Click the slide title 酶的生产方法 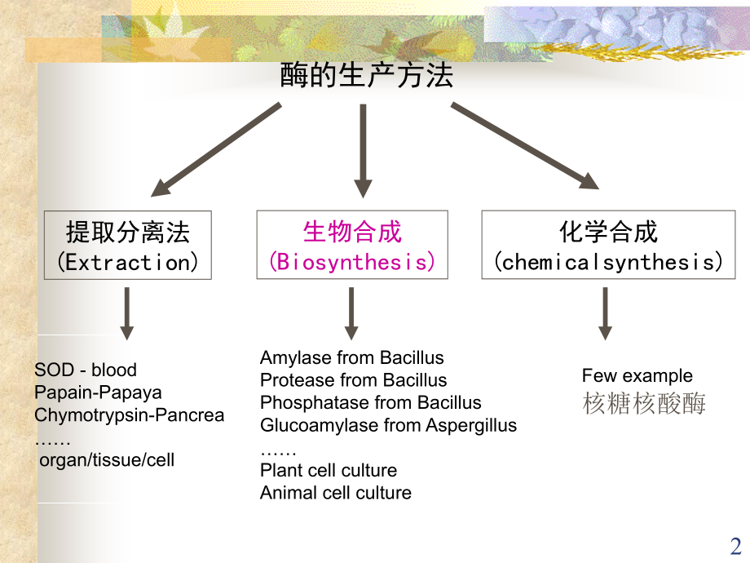click(x=367, y=77)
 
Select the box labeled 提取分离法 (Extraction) click(x=128, y=246)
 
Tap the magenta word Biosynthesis click(x=352, y=262)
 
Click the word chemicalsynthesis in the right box click(x=610, y=262)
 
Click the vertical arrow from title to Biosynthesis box click(x=363, y=150)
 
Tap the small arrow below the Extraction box click(x=126, y=313)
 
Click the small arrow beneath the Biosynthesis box click(x=351, y=313)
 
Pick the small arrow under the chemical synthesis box click(x=605, y=313)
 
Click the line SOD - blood click(x=86, y=370)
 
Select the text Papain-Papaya click(x=98, y=392)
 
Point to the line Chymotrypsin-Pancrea click(x=129, y=414)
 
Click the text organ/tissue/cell click(x=107, y=460)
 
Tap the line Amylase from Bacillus click(x=351, y=357)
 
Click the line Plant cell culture click(x=329, y=470)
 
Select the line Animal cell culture click(x=335, y=493)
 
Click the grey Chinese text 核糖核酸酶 click(x=644, y=403)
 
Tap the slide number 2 click(x=735, y=546)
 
